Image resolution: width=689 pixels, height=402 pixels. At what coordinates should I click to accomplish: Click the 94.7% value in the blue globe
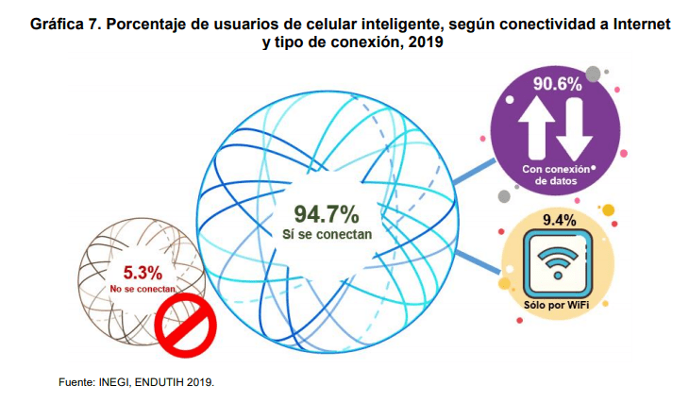pyautogui.click(x=327, y=212)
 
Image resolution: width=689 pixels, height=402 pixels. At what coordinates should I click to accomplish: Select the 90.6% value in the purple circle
pyautogui.click(x=556, y=84)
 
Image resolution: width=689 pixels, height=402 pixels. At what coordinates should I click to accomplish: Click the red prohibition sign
pyautogui.click(x=186, y=326)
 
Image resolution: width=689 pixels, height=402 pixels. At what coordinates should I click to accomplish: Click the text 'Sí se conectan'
pyautogui.click(x=327, y=233)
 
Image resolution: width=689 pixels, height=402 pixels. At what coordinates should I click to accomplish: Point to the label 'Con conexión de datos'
pyautogui.click(x=554, y=174)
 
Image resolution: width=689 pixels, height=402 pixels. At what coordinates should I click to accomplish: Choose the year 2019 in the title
pyautogui.click(x=424, y=42)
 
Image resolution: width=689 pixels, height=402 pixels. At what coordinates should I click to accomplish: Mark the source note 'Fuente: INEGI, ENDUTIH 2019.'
pyautogui.click(x=137, y=382)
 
